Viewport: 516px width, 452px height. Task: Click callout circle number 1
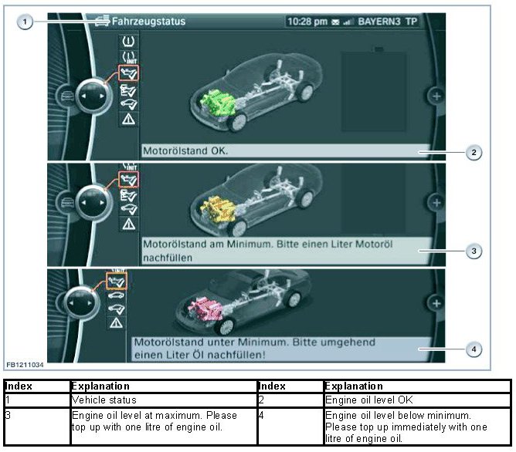25,22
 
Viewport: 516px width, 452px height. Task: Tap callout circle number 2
474,152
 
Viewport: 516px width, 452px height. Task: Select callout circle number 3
474,251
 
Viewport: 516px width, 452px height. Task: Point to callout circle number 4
474,349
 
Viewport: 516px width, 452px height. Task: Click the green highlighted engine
218,103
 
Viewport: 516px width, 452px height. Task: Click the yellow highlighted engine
218,208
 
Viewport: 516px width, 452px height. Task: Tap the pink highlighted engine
205,309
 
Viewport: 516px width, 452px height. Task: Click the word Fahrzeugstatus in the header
148,22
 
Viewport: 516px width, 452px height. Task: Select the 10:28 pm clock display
307,22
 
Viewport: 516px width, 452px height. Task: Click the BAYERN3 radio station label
379,22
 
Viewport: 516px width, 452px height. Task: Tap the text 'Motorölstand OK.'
185,150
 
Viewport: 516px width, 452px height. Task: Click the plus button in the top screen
436,96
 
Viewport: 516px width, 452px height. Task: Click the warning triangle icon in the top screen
128,119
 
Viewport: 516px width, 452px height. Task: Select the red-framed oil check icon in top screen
128,73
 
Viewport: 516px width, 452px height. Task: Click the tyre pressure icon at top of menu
128,42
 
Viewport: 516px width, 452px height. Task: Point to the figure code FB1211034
25,365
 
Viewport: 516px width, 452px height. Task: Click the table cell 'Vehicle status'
104,400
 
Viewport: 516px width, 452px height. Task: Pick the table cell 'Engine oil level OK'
369,400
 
